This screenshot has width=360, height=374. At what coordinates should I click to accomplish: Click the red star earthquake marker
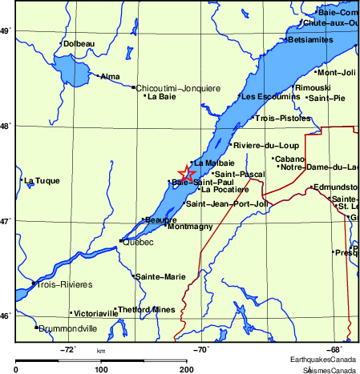click(186, 173)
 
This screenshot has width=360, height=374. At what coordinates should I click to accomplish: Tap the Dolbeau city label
click(79, 43)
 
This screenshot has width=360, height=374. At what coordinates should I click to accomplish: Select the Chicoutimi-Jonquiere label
click(178, 87)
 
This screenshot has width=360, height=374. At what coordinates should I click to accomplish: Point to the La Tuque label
click(42, 180)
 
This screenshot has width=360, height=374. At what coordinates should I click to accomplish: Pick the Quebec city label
click(138, 242)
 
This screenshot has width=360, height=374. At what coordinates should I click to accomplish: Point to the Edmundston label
click(337, 187)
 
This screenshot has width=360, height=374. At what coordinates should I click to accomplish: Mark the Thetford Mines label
click(146, 309)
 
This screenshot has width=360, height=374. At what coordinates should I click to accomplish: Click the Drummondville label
click(67, 328)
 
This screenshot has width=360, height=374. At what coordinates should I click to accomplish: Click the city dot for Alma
click(98, 76)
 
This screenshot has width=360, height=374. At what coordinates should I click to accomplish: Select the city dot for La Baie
click(144, 96)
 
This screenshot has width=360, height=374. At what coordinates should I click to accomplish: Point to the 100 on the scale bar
click(101, 369)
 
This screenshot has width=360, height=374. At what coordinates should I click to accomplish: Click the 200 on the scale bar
click(186, 369)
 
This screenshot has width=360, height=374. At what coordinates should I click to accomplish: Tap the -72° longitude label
click(68, 349)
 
